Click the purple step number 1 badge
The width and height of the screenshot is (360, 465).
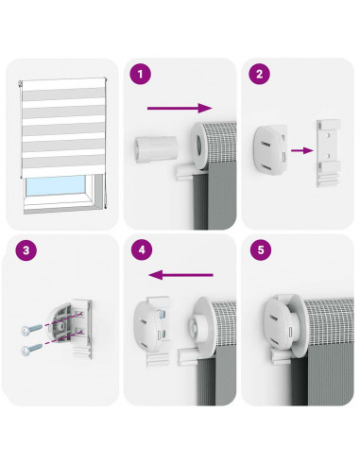(x=140, y=75)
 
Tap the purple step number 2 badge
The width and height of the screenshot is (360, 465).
(x=259, y=75)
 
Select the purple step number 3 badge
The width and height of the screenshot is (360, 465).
(x=26, y=250)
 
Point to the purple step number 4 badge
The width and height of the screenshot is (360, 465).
(x=142, y=250)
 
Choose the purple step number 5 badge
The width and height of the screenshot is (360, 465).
(x=261, y=250)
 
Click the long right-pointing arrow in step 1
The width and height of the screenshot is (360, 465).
(x=180, y=108)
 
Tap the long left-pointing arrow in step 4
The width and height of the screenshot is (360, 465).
(x=180, y=275)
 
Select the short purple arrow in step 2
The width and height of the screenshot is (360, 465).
(x=302, y=150)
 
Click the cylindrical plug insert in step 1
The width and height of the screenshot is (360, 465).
(x=157, y=148)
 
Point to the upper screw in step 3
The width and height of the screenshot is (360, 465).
(x=31, y=329)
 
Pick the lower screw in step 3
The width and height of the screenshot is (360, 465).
(x=31, y=349)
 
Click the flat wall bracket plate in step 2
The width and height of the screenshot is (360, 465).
(x=329, y=153)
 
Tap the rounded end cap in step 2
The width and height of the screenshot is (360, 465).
(x=270, y=149)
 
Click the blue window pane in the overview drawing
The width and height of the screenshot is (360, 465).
(x=56, y=186)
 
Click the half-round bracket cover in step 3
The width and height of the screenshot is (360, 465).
(x=61, y=322)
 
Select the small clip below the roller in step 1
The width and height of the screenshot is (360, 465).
(x=183, y=173)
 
